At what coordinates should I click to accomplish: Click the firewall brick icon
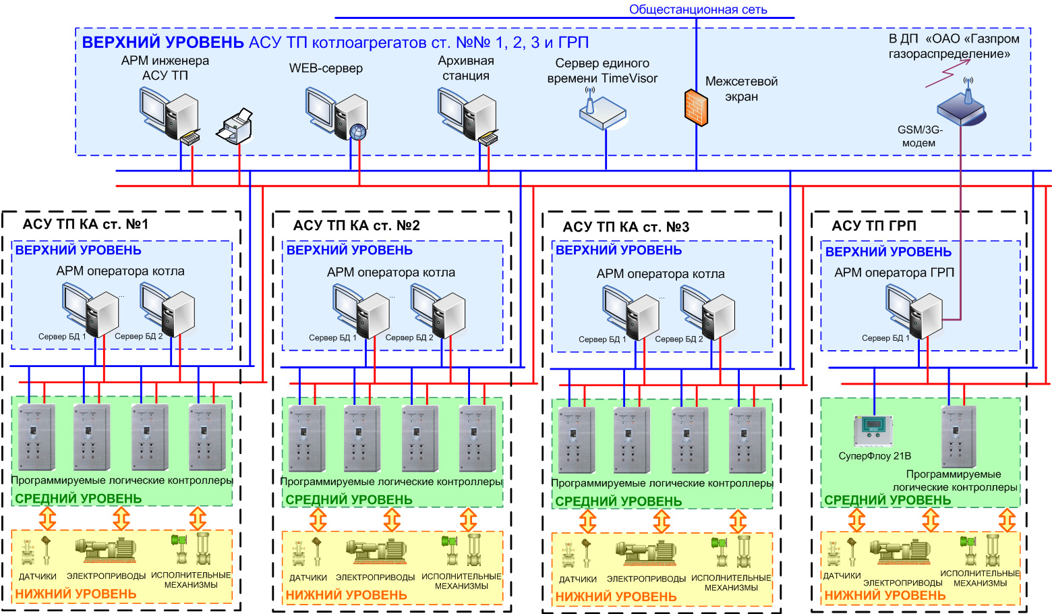click(x=696, y=107)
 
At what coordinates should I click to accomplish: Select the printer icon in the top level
click(x=235, y=125)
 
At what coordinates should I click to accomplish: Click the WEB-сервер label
click(x=326, y=68)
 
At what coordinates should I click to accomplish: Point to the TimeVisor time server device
click(x=602, y=110)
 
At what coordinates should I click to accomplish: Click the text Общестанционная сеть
click(x=698, y=9)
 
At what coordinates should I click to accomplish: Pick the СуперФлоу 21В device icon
click(x=873, y=430)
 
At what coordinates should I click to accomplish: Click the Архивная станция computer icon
click(x=467, y=114)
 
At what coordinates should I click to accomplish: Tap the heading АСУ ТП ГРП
click(x=874, y=226)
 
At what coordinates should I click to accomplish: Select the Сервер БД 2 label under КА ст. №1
click(x=138, y=336)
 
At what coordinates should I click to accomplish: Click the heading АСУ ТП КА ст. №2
click(x=356, y=225)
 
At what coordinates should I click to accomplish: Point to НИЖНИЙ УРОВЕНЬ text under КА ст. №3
click(x=616, y=596)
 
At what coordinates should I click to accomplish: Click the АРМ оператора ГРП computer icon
click(x=914, y=310)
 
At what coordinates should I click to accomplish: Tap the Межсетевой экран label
click(x=741, y=89)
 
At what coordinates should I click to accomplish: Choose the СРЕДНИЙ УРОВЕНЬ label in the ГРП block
click(x=887, y=500)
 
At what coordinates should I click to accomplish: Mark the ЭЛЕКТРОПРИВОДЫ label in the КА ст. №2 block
click(x=376, y=578)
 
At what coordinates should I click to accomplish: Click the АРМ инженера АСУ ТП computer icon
click(x=170, y=114)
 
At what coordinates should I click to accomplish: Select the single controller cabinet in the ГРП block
click(x=958, y=436)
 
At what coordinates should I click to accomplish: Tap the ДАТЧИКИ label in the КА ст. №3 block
click(x=578, y=579)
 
